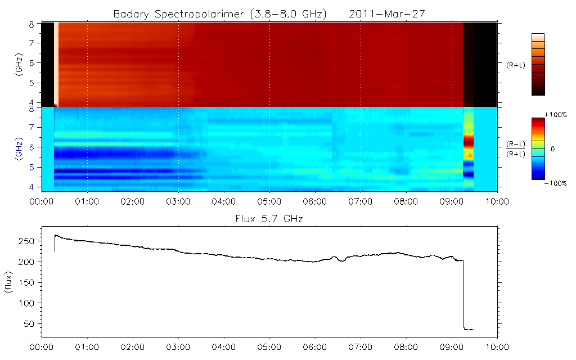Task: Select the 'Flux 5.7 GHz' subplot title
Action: point(269,218)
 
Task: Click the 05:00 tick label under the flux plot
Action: point(269,347)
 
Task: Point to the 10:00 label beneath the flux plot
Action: point(497,347)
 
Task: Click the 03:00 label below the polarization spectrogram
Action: point(178,201)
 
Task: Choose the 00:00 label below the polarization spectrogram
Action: point(42,201)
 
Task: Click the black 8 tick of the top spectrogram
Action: point(31,24)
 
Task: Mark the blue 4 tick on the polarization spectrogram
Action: point(31,187)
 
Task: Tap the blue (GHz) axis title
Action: point(19,147)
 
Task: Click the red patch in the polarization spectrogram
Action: point(468,141)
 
